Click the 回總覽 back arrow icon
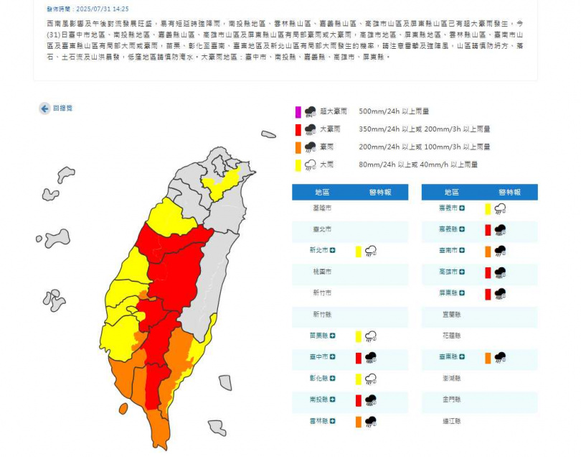tap(44, 109)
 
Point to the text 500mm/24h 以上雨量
tap(394, 111)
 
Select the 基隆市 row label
tap(322, 208)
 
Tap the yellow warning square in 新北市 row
tap(358, 251)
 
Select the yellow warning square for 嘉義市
tap(487, 208)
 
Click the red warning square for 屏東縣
tap(487, 294)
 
